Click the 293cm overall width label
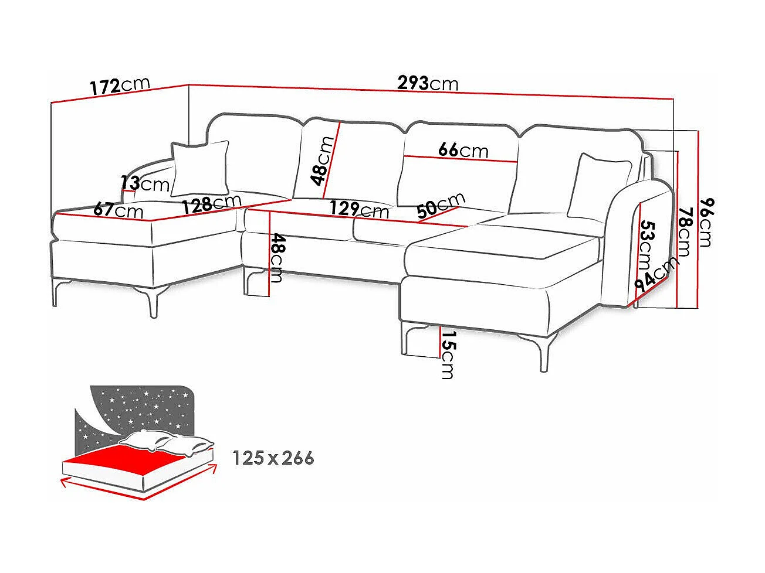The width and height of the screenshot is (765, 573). click(428, 83)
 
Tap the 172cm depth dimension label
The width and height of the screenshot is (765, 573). click(120, 86)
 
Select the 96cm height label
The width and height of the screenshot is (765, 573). click(706, 222)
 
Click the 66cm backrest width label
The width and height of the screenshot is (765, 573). click(463, 150)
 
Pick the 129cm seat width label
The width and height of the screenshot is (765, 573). click(358, 209)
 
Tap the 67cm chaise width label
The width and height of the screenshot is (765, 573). click(118, 209)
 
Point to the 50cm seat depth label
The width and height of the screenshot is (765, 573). click(440, 206)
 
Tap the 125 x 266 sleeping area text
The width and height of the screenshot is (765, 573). click(273, 458)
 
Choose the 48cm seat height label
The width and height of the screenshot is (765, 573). click(277, 257)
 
